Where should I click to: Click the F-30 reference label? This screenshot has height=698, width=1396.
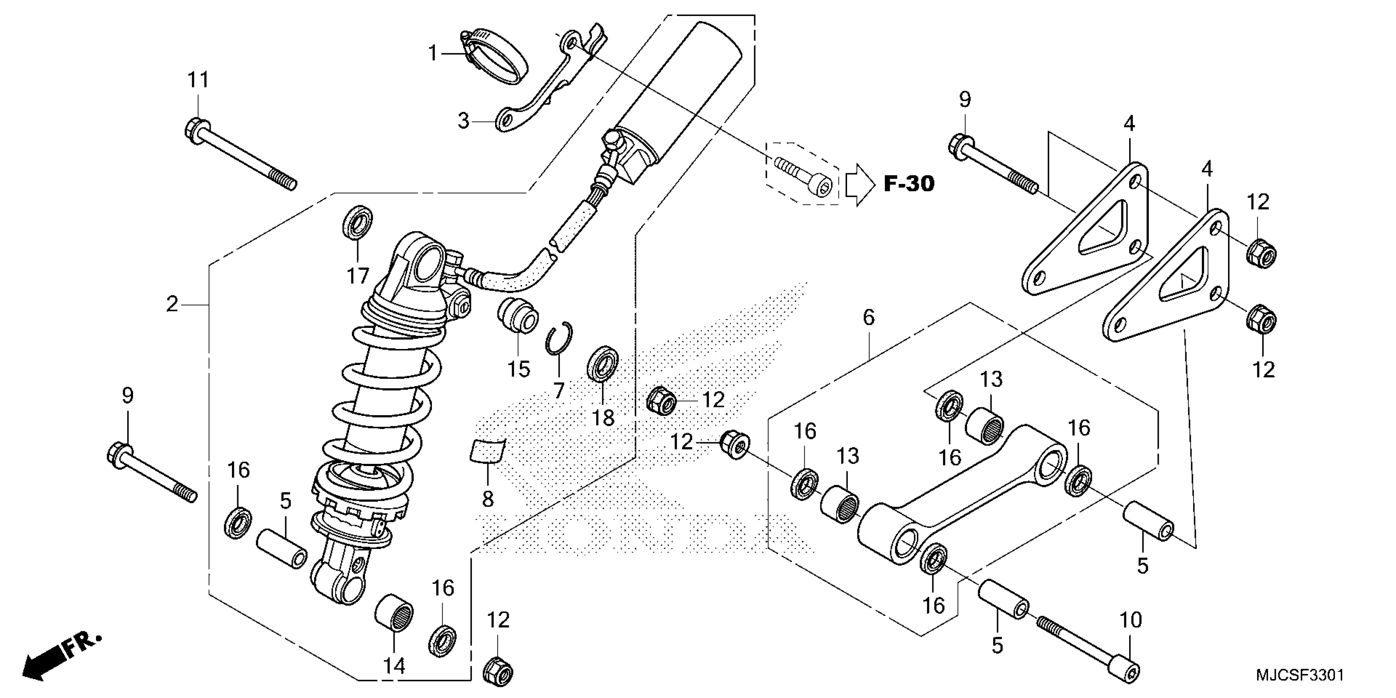point(909,184)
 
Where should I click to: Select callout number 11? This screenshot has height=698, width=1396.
point(198,80)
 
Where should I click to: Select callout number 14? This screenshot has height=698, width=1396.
point(394,666)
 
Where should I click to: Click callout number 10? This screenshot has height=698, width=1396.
point(1130,620)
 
